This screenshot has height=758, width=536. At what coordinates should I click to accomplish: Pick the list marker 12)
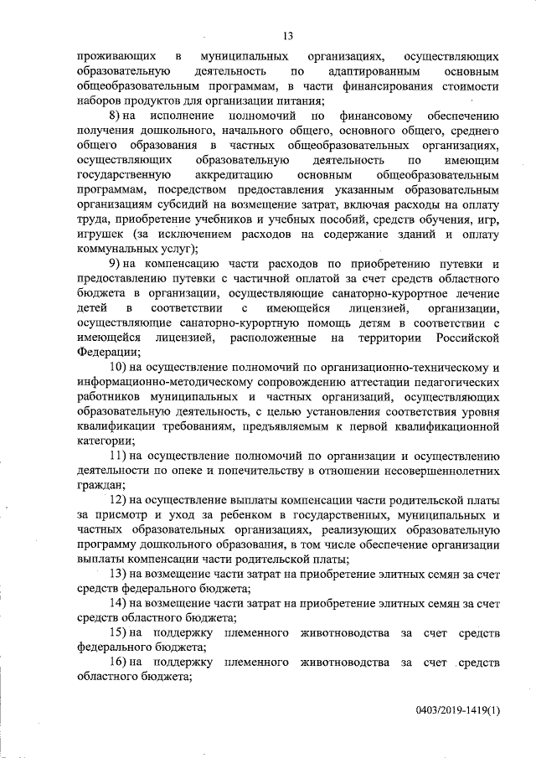pos(119,500)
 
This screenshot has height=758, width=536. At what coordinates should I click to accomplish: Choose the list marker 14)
pos(119,603)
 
